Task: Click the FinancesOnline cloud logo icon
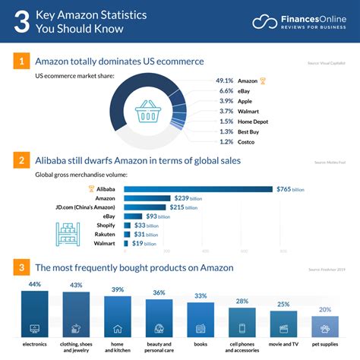266,22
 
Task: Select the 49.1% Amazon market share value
224,81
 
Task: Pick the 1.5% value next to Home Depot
226,122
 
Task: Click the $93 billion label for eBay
157,216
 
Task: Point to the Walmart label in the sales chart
101,244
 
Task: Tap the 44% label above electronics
34,284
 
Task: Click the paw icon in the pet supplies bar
324,330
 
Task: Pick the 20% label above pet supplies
324,309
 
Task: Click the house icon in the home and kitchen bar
118,330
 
